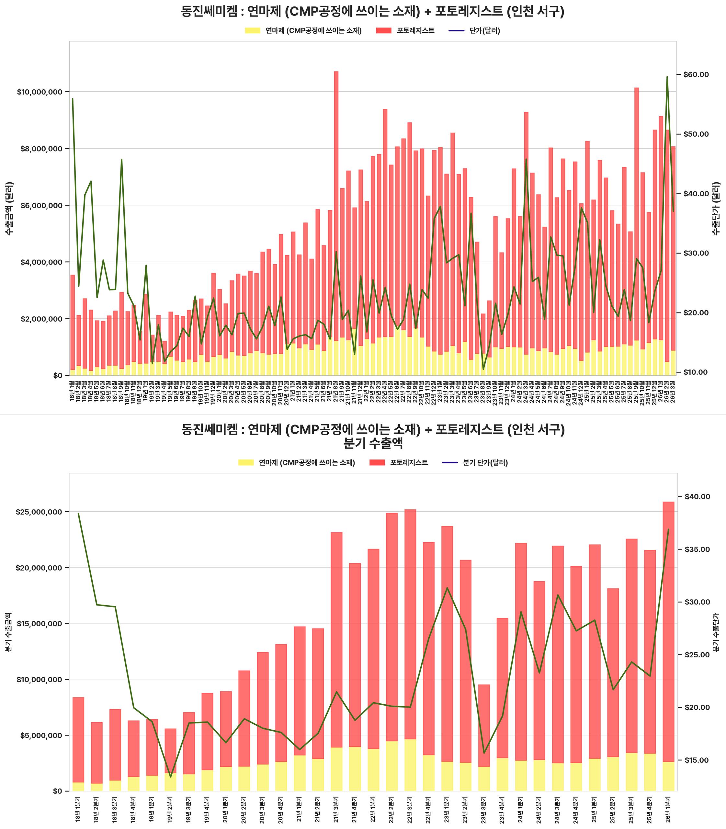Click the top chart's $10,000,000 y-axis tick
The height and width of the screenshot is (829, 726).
tap(40, 92)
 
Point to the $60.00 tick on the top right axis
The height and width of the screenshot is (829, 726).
tap(696, 74)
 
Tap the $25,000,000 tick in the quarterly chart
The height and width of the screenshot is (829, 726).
tap(39, 512)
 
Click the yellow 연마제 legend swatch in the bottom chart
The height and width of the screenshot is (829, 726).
tap(245, 462)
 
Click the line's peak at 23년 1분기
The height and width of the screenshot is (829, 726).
tap(447, 588)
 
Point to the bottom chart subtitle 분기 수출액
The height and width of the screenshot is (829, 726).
tap(373, 443)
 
